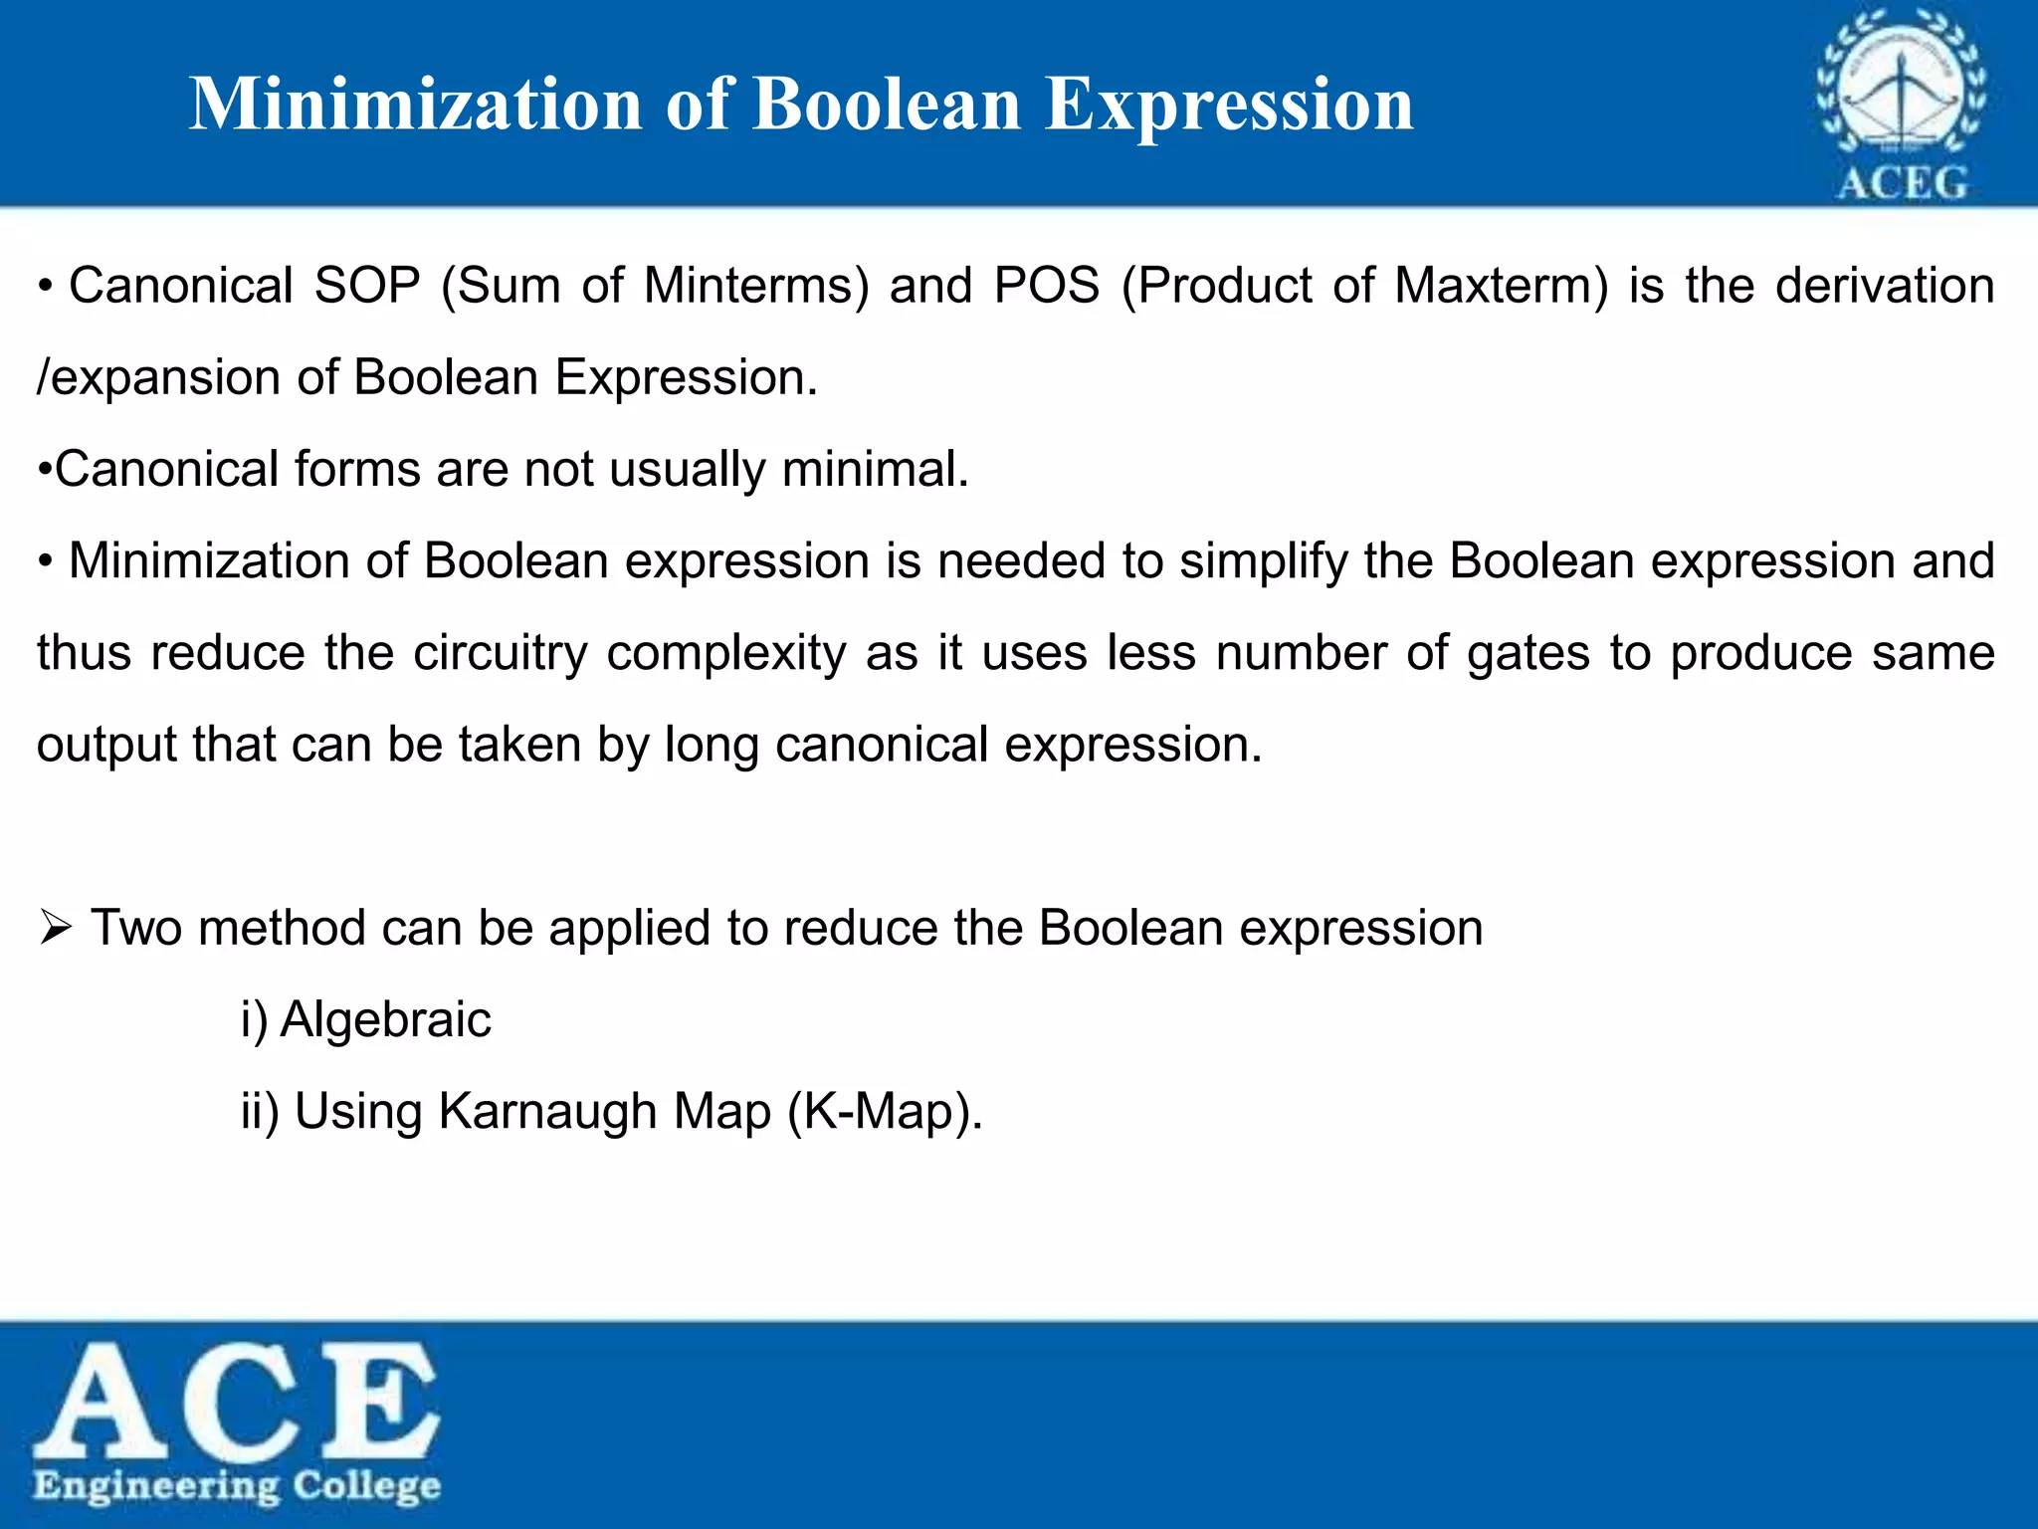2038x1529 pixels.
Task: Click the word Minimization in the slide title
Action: point(416,104)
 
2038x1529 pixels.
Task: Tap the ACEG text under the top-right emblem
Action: point(1902,183)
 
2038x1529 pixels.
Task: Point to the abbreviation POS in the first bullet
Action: point(1047,286)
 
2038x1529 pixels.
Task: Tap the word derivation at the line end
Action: point(1885,286)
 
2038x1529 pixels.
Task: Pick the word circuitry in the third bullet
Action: point(501,653)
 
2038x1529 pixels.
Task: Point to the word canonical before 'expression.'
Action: point(882,745)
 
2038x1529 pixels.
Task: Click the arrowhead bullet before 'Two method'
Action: point(56,929)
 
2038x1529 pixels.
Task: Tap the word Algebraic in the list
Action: point(385,1019)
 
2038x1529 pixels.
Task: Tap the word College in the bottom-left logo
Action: point(366,1486)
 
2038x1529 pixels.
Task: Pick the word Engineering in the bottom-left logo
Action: point(156,1486)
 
